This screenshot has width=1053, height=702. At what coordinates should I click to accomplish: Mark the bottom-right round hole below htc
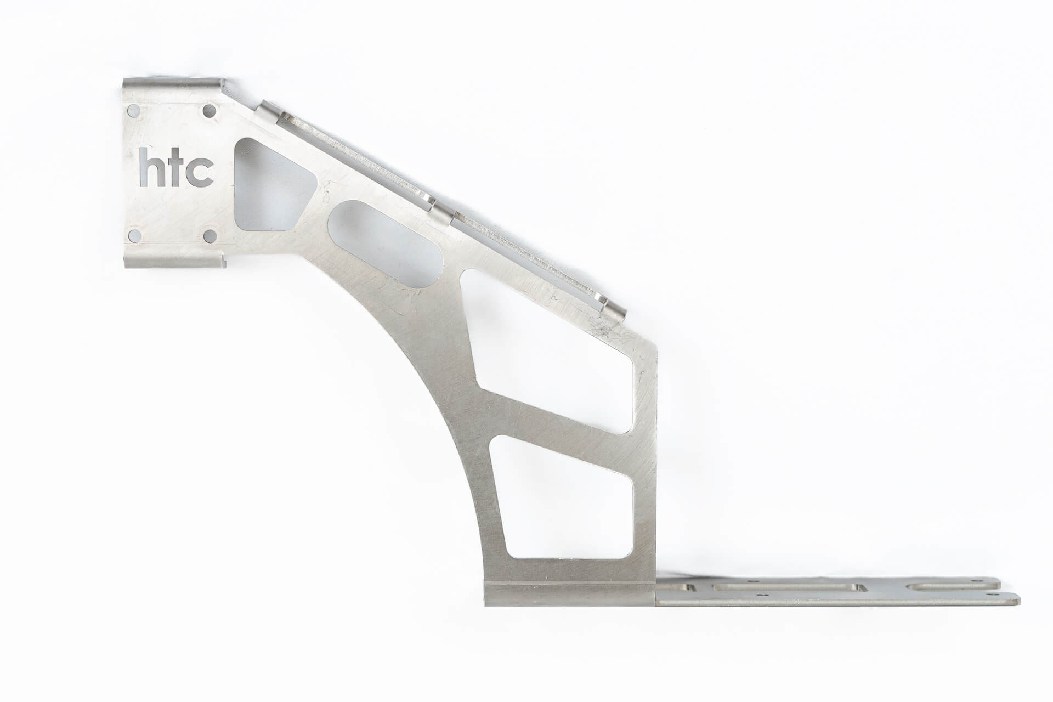(x=209, y=236)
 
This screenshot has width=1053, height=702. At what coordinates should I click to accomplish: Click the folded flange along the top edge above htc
(x=173, y=86)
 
